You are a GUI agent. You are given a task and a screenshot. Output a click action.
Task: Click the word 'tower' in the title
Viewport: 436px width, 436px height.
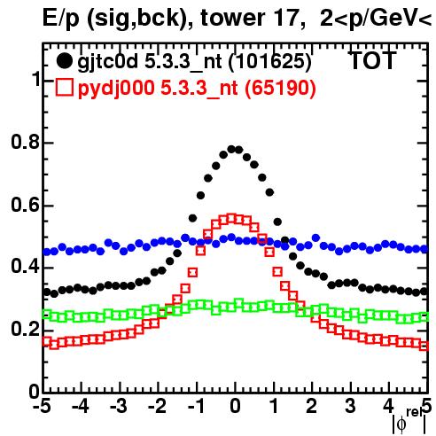click(232, 19)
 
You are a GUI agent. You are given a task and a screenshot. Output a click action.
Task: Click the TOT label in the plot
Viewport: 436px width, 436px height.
click(373, 61)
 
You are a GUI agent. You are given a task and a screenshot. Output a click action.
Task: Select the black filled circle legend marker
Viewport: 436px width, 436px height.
click(64, 61)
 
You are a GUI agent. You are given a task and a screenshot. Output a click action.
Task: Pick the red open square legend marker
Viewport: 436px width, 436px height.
click(65, 87)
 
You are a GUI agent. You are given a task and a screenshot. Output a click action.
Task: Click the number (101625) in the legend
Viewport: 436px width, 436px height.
click(270, 62)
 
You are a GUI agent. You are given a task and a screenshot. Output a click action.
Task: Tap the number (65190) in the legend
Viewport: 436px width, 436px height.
click(281, 88)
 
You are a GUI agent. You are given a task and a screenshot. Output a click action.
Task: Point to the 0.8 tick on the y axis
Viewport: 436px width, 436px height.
click(26, 142)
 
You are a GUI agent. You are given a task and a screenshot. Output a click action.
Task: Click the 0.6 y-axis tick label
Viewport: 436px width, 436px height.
click(26, 205)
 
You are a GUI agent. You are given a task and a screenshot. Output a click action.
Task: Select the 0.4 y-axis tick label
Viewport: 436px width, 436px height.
click(26, 267)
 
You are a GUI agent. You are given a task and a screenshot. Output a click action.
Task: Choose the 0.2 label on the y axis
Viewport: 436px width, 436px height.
click(26, 330)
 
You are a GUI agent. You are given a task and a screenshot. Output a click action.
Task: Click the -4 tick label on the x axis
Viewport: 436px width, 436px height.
click(81, 407)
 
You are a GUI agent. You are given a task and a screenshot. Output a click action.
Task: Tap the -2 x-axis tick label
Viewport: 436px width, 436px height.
click(157, 407)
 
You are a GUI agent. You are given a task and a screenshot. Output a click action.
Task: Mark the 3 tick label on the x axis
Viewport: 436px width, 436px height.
click(350, 407)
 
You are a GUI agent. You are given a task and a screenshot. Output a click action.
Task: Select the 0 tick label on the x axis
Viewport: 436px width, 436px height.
click(235, 407)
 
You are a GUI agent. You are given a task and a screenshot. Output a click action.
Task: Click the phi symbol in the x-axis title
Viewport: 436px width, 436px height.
click(401, 424)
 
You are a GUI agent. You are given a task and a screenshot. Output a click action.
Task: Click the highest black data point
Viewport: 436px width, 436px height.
click(231, 149)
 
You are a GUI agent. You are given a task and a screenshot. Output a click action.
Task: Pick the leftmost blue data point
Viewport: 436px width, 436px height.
click(47, 252)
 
